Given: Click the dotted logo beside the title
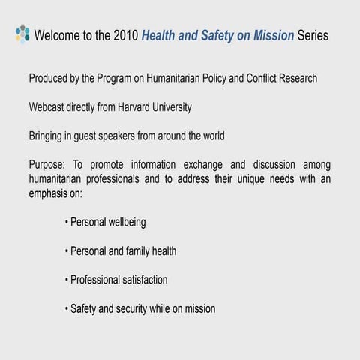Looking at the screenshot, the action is coord(22,34).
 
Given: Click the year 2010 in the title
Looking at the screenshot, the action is coord(124,35).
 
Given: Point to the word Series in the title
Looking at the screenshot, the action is coord(313,35).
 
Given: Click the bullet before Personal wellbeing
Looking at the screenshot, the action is coord(67,223).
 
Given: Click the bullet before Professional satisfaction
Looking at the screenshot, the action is coord(67,280).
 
